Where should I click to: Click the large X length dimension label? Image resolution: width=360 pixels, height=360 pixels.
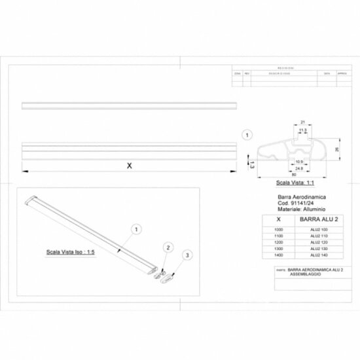pyautogui.click(x=128, y=166)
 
